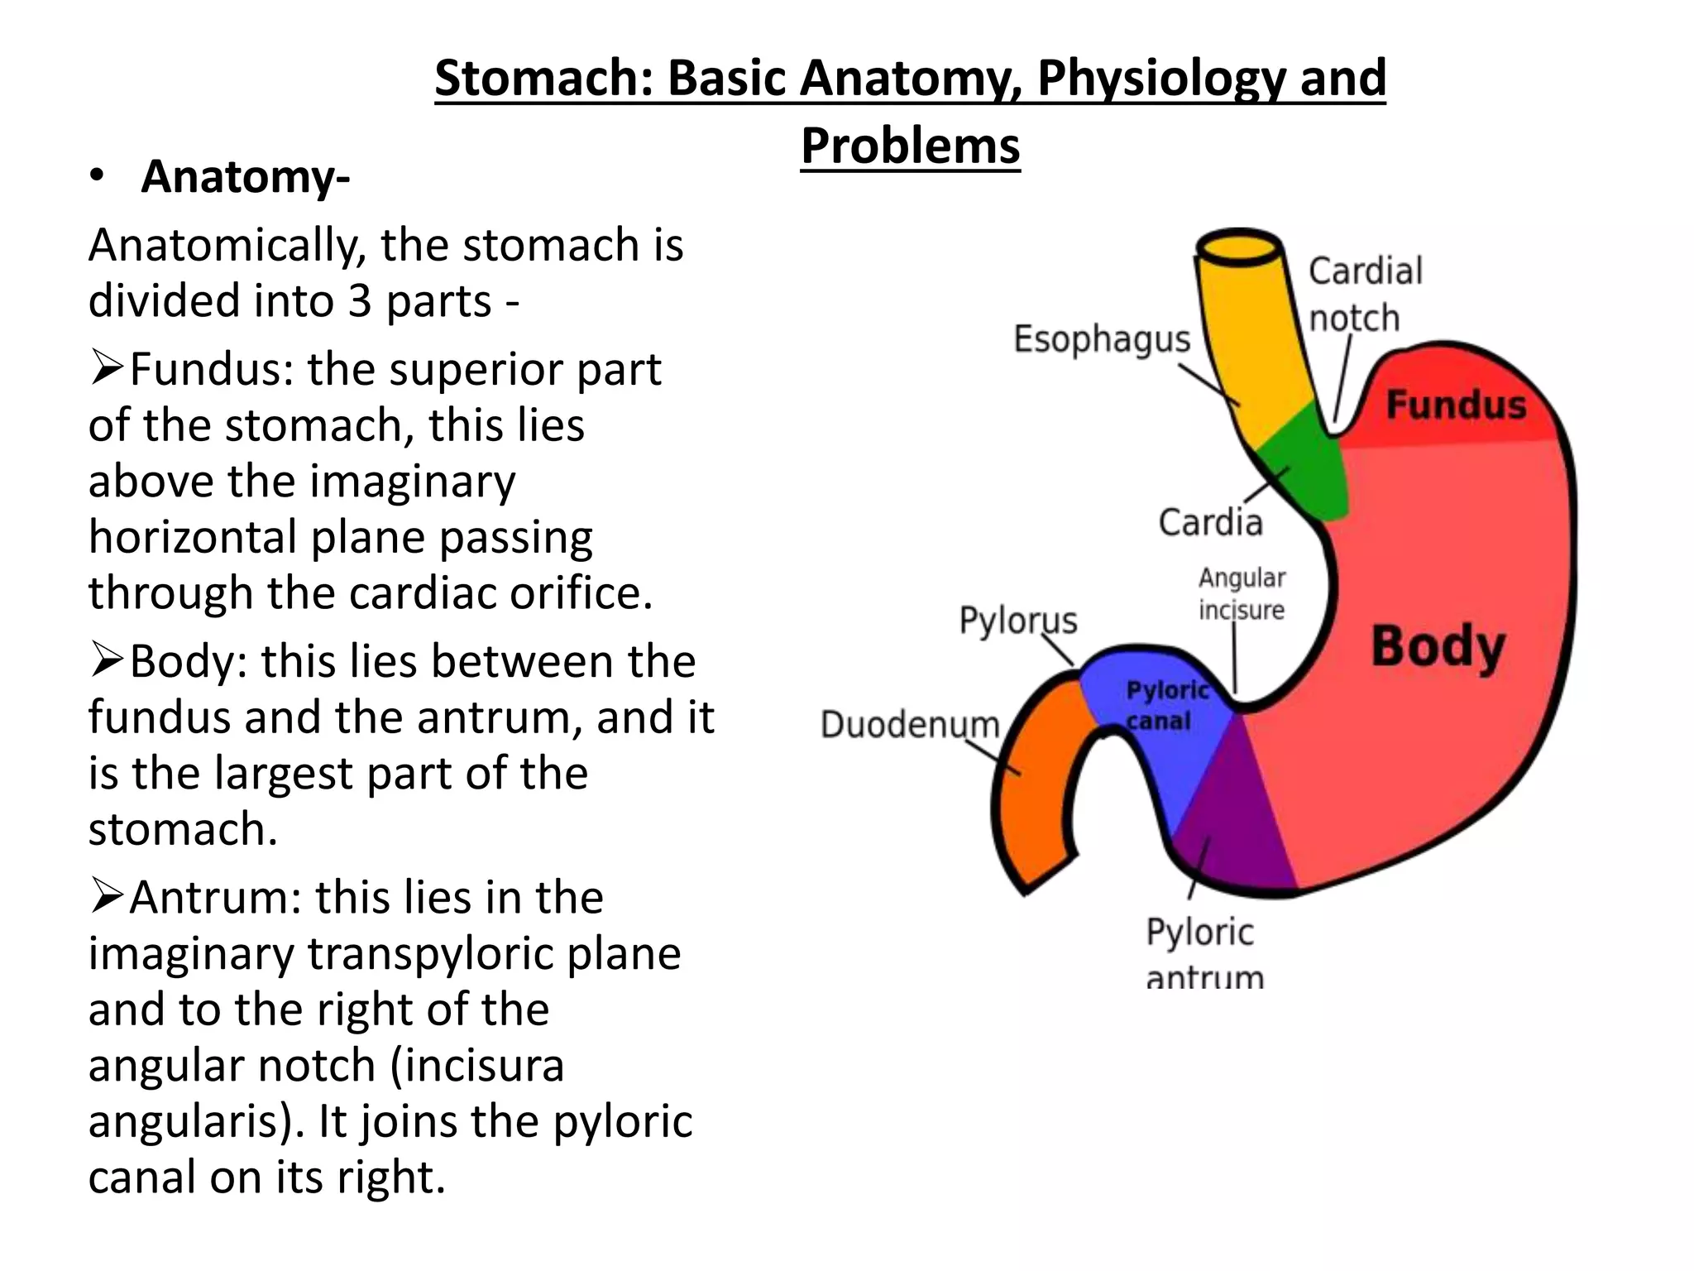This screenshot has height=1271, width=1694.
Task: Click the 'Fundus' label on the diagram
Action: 1455,405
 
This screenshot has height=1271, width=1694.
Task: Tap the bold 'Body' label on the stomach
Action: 1438,647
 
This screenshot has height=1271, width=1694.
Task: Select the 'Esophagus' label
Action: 1102,340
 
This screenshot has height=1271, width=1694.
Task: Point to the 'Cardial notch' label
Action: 1364,295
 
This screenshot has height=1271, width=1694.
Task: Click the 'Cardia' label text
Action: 1210,523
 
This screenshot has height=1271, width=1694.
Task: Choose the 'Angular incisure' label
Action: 1242,594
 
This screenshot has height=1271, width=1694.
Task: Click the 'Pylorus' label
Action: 1018,621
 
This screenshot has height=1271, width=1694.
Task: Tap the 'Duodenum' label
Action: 910,725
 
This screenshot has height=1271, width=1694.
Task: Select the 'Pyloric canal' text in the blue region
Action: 1166,705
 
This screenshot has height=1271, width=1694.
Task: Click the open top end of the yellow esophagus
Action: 1239,247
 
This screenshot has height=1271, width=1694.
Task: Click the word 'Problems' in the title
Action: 910,146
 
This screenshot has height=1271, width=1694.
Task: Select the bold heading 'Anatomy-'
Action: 245,177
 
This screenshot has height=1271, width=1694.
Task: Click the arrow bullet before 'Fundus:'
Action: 107,368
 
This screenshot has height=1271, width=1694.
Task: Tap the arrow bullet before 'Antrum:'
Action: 107,897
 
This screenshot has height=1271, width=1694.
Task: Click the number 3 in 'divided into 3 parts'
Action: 360,300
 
